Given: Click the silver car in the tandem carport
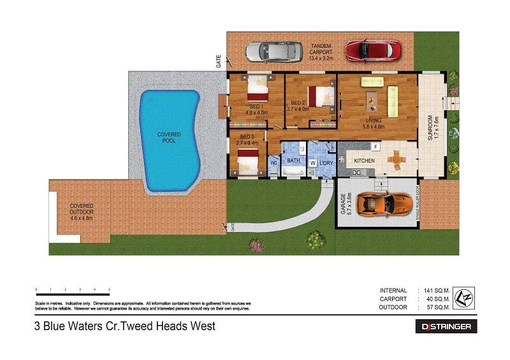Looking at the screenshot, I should click(273, 50).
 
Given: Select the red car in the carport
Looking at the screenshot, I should click(373, 49).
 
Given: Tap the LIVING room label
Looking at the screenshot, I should click(374, 119).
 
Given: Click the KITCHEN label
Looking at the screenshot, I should click(364, 161).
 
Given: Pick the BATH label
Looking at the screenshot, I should click(293, 161).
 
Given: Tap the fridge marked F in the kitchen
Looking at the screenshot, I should click(375, 147).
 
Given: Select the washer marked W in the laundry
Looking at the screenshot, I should click(312, 163).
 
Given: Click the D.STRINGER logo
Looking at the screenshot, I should click(446, 326).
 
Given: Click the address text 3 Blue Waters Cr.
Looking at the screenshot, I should click(125, 326).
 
